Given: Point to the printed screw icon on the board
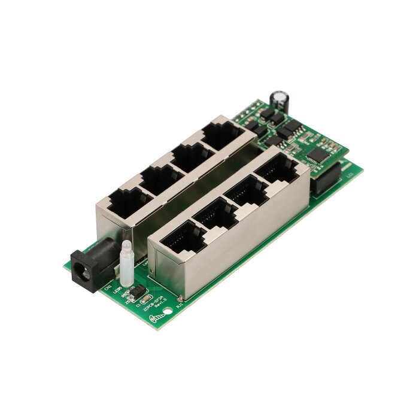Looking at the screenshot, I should coord(157,317).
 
